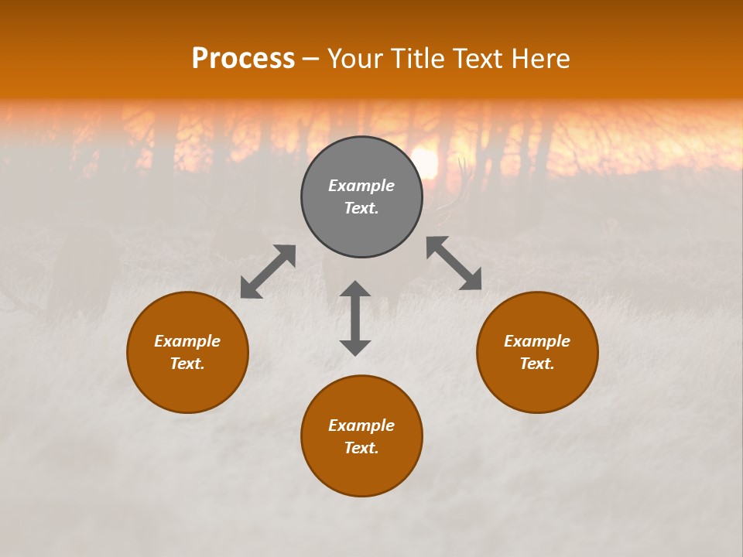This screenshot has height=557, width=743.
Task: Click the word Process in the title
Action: [x=243, y=59]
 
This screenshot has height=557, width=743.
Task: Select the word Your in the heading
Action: [x=352, y=59]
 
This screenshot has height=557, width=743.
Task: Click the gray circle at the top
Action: [x=361, y=159]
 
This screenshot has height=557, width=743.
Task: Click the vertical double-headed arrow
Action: [x=355, y=318]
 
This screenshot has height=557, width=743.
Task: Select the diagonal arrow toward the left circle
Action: [x=268, y=272]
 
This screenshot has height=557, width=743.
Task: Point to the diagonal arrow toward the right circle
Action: [x=454, y=263]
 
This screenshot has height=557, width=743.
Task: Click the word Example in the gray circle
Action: [x=361, y=186]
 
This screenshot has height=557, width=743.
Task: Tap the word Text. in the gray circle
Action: [x=361, y=208]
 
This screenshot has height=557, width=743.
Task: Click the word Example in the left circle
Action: [x=187, y=341]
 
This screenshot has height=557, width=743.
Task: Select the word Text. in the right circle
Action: [x=537, y=364]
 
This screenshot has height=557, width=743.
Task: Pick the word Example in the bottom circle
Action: [x=361, y=425]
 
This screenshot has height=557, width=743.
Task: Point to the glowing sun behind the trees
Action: [x=425, y=161]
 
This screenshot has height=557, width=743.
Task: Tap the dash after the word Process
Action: [x=310, y=60]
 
